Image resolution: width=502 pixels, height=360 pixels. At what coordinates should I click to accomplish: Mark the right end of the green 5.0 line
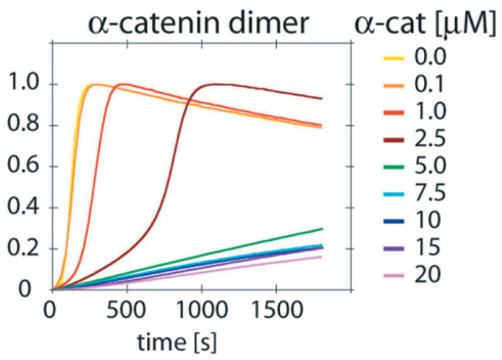[322, 229]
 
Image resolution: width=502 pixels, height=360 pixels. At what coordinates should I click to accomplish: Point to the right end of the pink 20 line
[322, 257]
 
